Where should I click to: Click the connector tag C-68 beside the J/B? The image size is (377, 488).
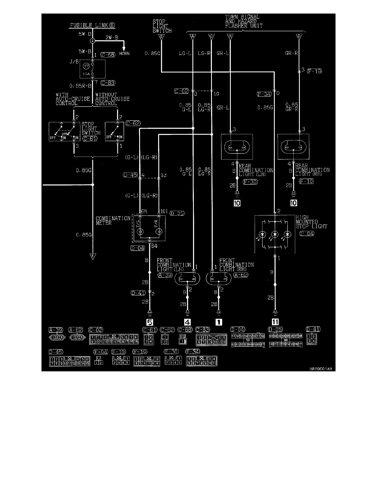tap(108, 54)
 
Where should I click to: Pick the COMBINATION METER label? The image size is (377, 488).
tap(113, 221)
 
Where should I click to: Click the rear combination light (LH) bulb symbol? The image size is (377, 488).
tap(237, 147)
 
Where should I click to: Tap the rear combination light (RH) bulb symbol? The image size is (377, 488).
tap(294, 147)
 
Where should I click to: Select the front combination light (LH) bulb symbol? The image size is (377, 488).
tap(188, 279)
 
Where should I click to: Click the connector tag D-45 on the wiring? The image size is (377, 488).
tap(131, 175)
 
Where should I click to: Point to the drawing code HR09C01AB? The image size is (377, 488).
tap(320, 369)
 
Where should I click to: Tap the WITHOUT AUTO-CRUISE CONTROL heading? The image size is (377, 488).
tap(112, 99)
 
